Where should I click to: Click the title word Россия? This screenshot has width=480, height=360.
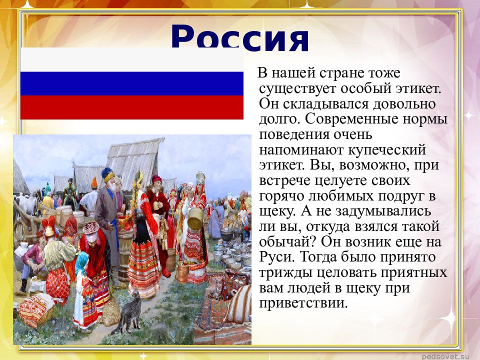pos(240,39)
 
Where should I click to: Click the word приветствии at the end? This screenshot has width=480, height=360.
pos(302,303)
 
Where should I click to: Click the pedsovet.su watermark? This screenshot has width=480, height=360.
pos(447,355)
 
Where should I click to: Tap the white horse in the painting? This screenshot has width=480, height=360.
pos(27,202)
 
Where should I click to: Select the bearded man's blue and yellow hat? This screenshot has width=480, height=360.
pos(108,174)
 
